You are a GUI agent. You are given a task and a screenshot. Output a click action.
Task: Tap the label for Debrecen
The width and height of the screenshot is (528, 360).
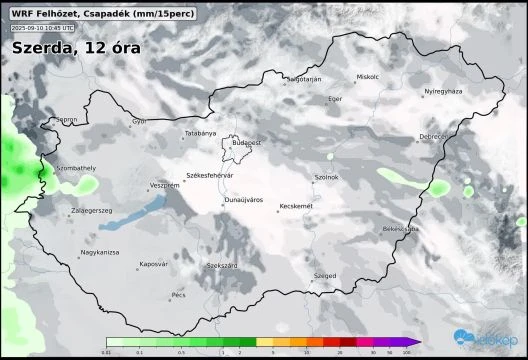point(434,136)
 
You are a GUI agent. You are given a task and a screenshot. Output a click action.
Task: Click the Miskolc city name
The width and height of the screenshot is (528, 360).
point(369,77)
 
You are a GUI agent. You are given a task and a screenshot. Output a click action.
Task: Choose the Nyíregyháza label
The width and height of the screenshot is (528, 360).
point(444,91)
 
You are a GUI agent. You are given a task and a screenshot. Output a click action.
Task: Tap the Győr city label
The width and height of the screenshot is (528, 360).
point(138,122)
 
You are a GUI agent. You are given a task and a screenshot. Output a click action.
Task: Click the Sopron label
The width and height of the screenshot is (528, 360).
point(67,120)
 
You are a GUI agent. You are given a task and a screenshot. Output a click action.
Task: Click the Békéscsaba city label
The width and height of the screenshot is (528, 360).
point(401,229)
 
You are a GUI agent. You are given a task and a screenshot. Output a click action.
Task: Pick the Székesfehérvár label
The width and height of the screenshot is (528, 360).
point(210,175)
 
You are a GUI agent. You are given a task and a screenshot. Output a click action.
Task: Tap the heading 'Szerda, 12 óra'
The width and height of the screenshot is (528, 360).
point(76,47)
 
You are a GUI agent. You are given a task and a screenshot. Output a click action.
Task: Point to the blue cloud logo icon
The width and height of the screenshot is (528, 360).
point(463,338)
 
